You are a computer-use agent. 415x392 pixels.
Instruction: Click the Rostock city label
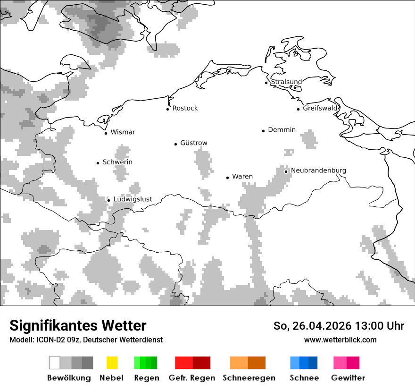coord(185,108)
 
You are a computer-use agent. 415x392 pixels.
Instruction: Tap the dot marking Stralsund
coord(266,83)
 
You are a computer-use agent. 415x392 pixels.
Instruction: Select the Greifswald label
coord(320,108)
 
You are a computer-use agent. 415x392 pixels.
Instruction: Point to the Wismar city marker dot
coord(106,133)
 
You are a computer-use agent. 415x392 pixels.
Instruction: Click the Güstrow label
coord(193,143)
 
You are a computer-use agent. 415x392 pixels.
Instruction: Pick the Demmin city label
coord(282,130)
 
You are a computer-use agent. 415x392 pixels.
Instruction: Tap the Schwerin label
coord(117,162)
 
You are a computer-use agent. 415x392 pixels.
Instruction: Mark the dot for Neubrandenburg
coord(286,171)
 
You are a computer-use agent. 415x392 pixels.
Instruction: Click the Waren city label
coord(242,177)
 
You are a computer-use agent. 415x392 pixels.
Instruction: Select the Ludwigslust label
coord(133,199)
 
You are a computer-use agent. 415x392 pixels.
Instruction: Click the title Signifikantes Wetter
coord(78,326)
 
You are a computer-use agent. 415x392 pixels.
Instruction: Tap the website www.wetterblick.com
coord(340,340)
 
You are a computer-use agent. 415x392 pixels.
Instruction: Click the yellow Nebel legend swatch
coord(112,363)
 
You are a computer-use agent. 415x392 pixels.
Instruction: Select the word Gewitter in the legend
coord(348,378)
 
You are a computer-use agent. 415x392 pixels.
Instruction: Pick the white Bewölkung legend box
coord(55,363)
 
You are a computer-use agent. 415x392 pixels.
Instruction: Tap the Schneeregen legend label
coord(249,378)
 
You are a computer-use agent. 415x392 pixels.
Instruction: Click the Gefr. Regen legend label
coord(191,378)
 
